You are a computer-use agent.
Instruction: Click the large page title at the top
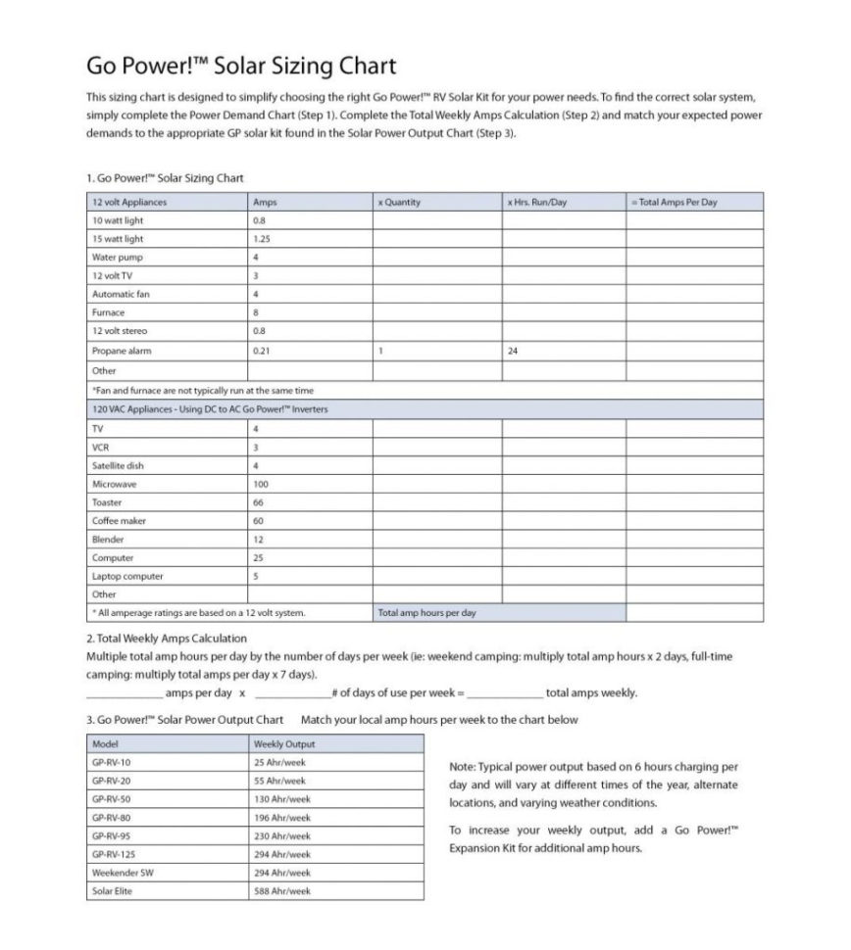point(241,66)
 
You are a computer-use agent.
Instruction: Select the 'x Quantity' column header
point(399,203)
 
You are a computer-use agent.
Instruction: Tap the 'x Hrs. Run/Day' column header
point(537,203)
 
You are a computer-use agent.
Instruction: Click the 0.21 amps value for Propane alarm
point(262,351)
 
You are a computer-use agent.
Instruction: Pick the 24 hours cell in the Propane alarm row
point(514,351)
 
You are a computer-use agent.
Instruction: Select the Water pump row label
point(117,258)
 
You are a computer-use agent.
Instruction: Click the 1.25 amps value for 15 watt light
point(262,239)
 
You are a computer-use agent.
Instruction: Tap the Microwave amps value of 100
point(261,484)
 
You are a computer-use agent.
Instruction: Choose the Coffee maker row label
point(119,521)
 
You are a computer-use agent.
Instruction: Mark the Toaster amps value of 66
point(259,502)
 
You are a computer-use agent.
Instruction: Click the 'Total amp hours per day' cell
point(427,613)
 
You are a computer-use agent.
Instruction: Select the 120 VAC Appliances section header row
point(210,409)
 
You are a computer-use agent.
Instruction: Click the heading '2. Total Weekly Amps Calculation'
point(168,639)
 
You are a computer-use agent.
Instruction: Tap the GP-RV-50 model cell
point(112,799)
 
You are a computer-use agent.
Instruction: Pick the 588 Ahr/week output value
point(282,891)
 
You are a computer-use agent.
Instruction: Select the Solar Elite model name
point(112,891)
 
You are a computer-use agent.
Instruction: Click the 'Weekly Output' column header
point(284,744)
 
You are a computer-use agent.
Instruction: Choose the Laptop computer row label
point(127,577)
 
